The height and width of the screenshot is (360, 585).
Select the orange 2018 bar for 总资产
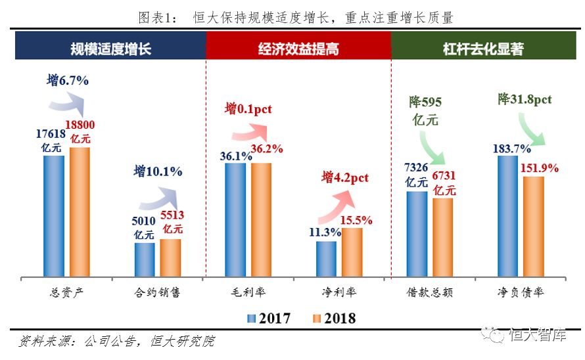pos(80,212)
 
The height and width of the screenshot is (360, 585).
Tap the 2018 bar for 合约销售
pos(170,258)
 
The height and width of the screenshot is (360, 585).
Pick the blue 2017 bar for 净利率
pos(326,259)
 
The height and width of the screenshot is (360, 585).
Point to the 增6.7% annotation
pos(67,81)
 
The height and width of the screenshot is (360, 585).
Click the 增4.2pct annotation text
pos(345,177)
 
